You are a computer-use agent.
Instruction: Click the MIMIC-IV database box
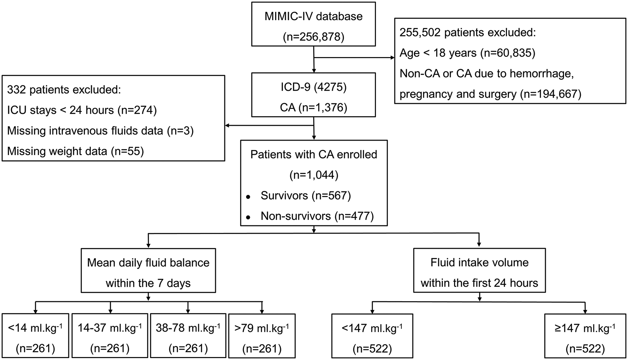coord(313,24)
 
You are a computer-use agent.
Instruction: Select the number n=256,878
coord(314,37)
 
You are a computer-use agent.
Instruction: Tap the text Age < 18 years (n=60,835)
coord(467,53)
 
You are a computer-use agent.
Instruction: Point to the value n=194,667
coord(551,94)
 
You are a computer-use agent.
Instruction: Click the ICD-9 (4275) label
coord(314,87)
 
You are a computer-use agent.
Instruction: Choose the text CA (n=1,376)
coord(314,108)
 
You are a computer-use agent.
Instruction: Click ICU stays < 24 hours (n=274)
coord(82,110)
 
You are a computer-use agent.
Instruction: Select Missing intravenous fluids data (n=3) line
coord(100,131)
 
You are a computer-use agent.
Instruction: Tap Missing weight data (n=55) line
coord(75,151)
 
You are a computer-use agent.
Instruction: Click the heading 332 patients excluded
coord(64,90)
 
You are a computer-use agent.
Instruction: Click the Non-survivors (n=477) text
coord(317,216)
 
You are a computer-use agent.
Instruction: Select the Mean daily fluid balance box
coord(148,270)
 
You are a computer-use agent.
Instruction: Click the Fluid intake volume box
coord(479,270)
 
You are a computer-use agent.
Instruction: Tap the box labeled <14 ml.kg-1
coord(35,336)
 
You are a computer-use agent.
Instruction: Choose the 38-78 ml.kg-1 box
coord(188,336)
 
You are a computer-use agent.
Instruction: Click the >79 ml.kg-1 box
coord(262,336)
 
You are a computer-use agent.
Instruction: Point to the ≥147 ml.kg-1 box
coord(585,336)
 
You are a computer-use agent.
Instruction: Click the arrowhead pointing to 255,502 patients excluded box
coord(392,58)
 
